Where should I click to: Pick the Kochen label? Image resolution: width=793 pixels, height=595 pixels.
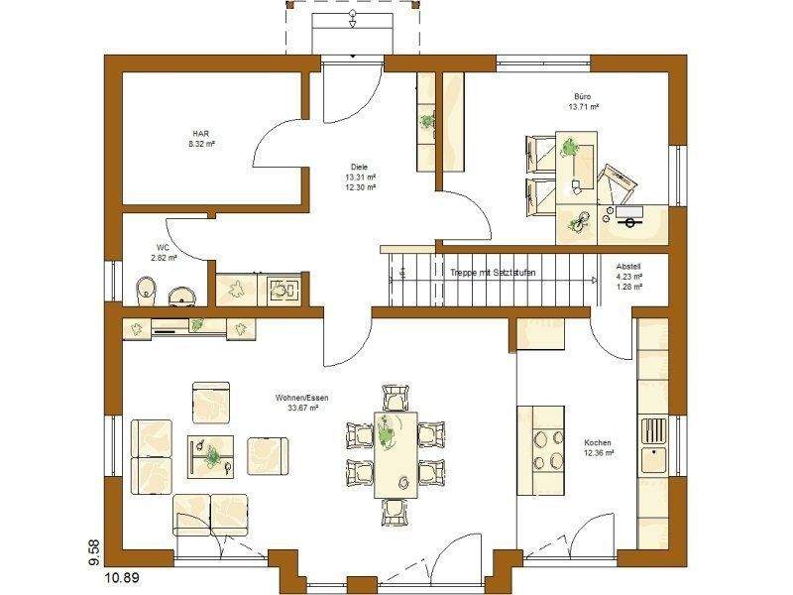tap(598, 443)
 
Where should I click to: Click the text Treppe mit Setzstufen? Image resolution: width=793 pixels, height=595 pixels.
tap(493, 273)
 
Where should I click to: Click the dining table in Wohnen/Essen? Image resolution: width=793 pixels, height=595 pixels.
tap(396, 455)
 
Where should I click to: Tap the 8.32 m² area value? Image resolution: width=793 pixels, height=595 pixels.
tap(201, 144)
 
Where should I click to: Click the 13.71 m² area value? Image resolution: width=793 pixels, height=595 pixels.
tap(583, 106)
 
